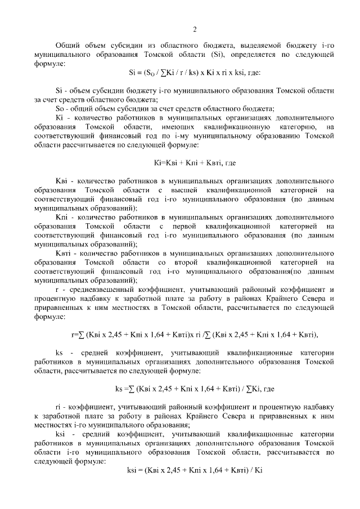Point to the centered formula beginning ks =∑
[195, 389]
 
